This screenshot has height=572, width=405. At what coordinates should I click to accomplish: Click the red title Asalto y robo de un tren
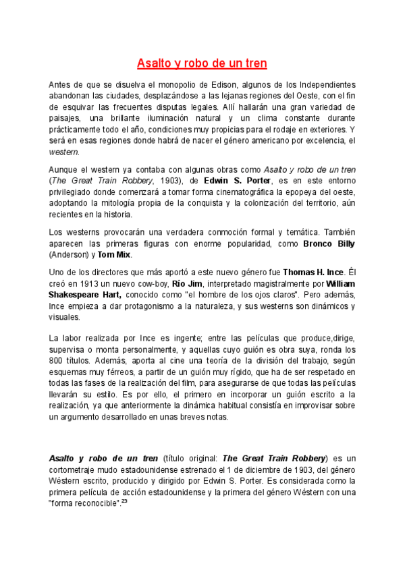[202, 64]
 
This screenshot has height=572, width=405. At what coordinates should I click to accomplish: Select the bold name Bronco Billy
[329, 244]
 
